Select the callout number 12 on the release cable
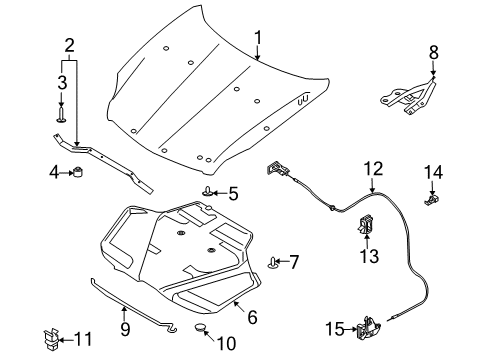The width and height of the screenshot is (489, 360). [x=372, y=169]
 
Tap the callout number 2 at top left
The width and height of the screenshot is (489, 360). [x=69, y=44]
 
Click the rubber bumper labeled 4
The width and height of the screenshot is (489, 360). [x=75, y=177]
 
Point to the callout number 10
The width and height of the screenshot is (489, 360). [x=226, y=344]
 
